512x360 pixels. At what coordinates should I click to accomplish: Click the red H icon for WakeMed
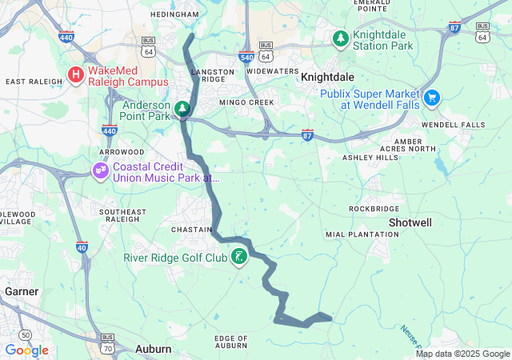(x=76, y=75)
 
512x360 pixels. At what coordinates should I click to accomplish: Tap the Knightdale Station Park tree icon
(x=342, y=38)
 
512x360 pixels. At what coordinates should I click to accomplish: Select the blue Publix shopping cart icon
(x=433, y=98)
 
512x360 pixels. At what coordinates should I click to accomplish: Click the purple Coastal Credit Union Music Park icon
(x=100, y=170)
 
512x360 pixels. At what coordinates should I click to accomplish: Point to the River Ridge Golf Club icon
(x=238, y=257)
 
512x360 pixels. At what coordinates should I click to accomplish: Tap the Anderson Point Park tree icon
(x=182, y=108)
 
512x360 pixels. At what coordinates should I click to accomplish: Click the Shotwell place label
(x=410, y=221)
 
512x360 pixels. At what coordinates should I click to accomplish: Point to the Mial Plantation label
(x=362, y=234)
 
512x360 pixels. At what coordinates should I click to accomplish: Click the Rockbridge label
(x=374, y=208)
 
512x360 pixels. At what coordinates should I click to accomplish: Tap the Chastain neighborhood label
(x=190, y=229)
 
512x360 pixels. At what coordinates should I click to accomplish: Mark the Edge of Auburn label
(x=231, y=342)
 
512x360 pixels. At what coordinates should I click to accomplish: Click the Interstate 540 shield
(x=246, y=57)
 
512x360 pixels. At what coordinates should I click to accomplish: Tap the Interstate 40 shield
(x=82, y=247)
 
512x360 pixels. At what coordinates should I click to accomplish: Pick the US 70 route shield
(x=108, y=339)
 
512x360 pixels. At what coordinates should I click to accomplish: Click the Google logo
(x=26, y=350)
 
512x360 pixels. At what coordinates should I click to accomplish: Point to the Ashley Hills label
(x=370, y=158)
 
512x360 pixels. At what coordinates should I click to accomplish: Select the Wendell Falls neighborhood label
(x=453, y=125)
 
